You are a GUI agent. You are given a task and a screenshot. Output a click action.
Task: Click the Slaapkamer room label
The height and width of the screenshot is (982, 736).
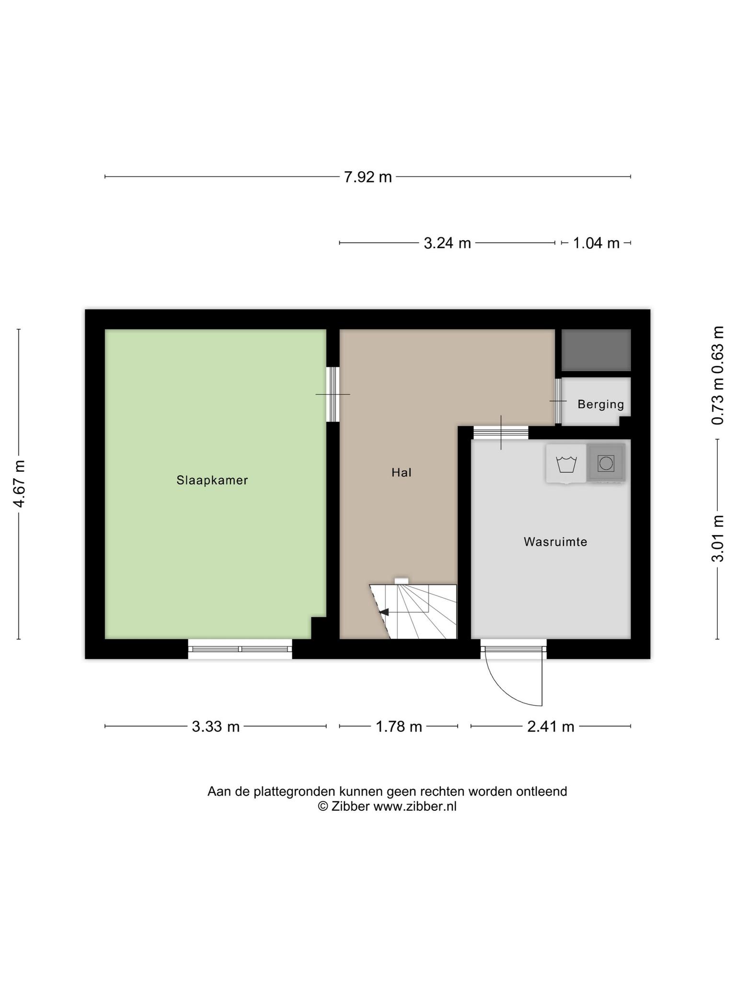pyautogui.click(x=212, y=480)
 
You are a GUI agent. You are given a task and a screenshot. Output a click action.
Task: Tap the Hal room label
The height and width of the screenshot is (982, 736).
pyautogui.click(x=402, y=472)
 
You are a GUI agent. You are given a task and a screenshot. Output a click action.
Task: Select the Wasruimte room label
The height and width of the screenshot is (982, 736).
pyautogui.click(x=555, y=542)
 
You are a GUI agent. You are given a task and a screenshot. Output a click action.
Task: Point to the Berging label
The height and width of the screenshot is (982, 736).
pyautogui.click(x=601, y=405)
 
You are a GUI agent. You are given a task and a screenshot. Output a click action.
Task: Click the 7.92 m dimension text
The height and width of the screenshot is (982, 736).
pyautogui.click(x=368, y=177)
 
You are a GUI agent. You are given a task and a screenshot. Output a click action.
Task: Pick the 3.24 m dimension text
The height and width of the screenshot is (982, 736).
pyautogui.click(x=448, y=243)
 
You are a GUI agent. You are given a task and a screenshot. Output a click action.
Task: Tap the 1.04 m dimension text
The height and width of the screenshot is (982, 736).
pyautogui.click(x=597, y=243)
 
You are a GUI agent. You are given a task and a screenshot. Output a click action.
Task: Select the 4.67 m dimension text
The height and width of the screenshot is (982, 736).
pyautogui.click(x=19, y=483)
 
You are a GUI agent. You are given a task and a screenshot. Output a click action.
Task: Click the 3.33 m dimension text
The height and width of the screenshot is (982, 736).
pyautogui.click(x=216, y=726)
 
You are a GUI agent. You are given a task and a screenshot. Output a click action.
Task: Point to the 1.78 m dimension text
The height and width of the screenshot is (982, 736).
pyautogui.click(x=399, y=726)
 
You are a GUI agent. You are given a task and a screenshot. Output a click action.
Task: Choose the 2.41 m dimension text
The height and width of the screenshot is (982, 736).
pyautogui.click(x=551, y=726)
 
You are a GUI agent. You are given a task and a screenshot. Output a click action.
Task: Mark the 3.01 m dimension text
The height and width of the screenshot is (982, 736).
pyautogui.click(x=717, y=538)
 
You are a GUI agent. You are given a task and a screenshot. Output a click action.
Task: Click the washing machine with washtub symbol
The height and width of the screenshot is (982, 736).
pyautogui.click(x=566, y=463)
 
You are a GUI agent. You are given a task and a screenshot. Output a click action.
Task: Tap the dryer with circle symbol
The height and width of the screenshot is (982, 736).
pyautogui.click(x=606, y=463)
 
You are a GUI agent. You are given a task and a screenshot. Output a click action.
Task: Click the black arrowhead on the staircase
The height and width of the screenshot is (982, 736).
pyautogui.click(x=384, y=612)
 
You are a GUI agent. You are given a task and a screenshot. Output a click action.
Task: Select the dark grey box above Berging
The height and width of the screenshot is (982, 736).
pyautogui.click(x=596, y=350)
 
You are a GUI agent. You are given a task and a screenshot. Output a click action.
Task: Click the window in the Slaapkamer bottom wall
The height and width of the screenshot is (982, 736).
pyautogui.click(x=240, y=649)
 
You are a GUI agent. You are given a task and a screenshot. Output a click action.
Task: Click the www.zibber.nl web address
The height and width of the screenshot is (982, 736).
pyautogui.click(x=415, y=807)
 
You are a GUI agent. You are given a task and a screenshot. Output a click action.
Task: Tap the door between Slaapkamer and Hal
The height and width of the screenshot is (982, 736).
pyautogui.click(x=333, y=394)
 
